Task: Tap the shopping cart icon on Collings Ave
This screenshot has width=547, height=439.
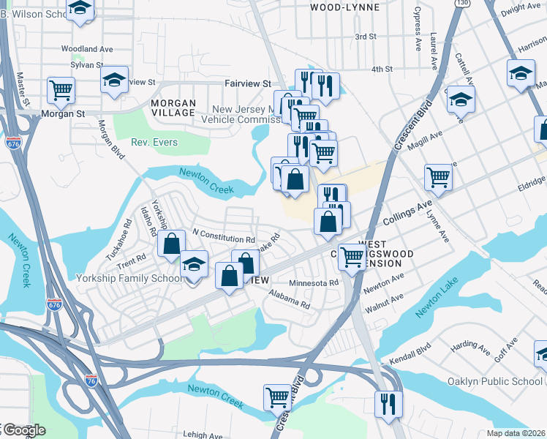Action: coord(438,176)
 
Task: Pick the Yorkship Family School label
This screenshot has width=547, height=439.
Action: coord(130,278)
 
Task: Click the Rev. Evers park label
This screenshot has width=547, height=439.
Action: coord(154,142)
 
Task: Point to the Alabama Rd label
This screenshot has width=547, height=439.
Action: coord(290,299)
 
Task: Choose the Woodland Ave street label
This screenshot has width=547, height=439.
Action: coord(87,49)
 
